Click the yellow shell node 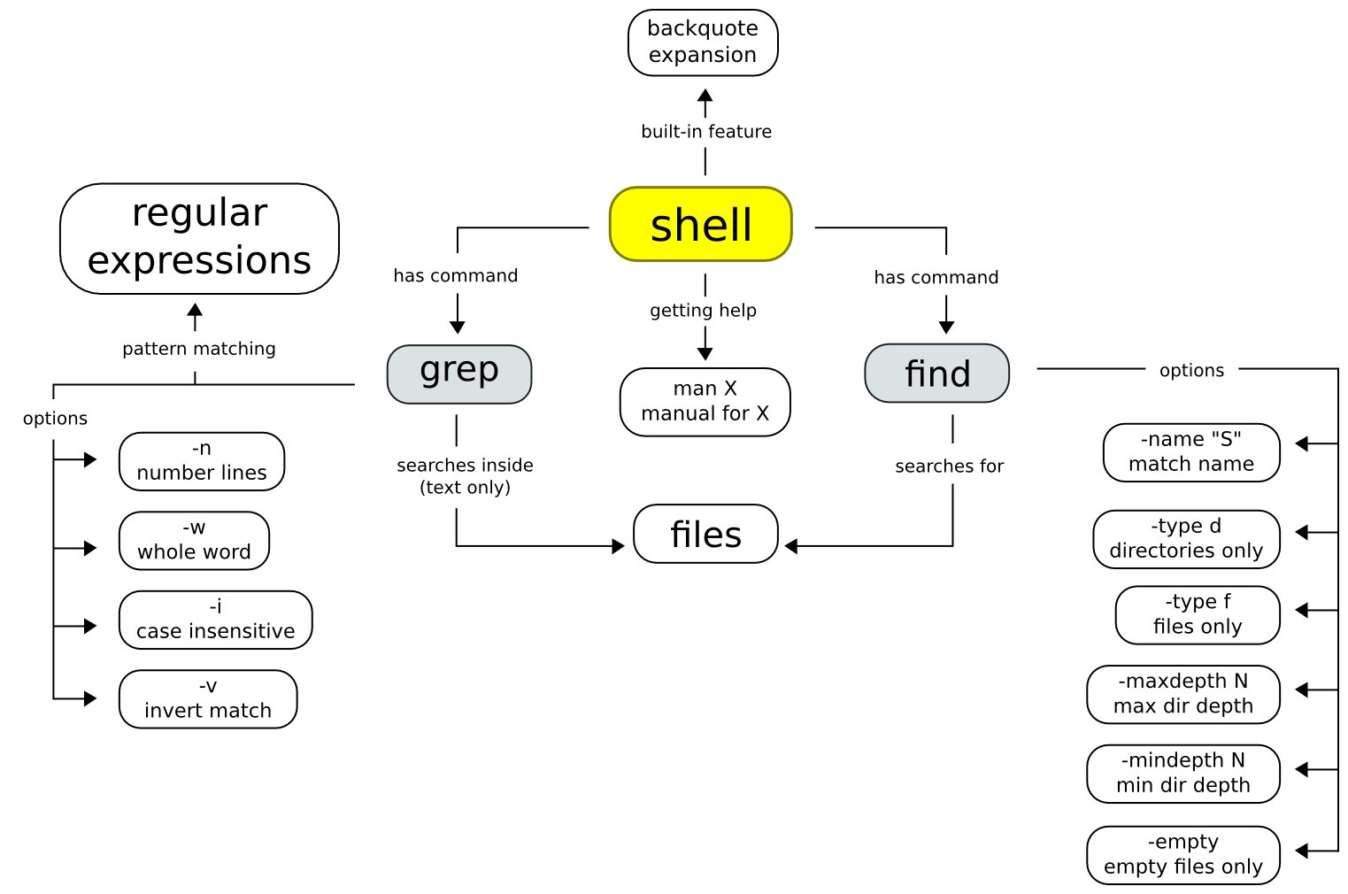700,224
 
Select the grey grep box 459,374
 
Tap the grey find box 937,374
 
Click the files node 706,534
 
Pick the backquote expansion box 703,42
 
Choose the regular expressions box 199,238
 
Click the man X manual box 705,402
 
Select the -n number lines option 202,461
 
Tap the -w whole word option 194,541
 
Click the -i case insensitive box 215,620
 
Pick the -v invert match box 208,699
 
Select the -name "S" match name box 1191,452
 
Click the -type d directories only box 1186,539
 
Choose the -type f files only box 1198,614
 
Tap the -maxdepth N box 1183,694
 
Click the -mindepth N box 1183,774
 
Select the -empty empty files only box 1183,855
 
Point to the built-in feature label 706,131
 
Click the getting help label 703,311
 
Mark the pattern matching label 198,349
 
